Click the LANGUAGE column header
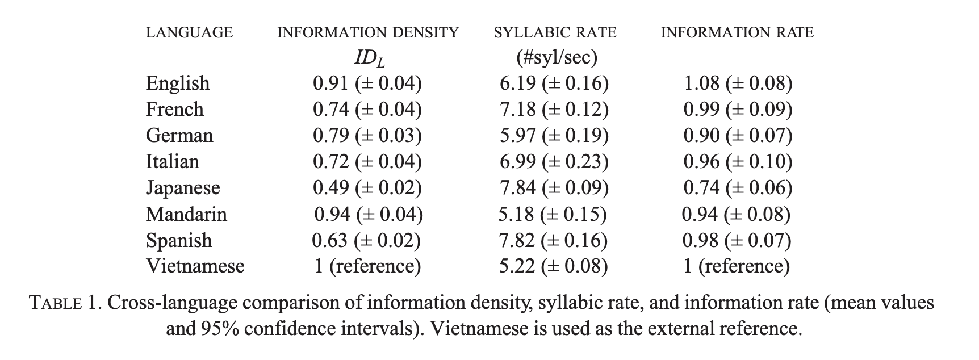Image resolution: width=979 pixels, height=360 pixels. point(189,32)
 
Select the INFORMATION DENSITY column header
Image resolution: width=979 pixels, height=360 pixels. point(367,32)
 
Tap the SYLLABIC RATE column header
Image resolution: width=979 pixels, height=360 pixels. point(555,32)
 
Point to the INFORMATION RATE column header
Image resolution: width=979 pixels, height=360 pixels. point(737,32)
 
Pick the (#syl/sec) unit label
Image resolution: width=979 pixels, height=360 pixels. point(555,57)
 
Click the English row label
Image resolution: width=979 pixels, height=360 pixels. point(178,83)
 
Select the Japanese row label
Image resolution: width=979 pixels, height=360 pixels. point(183,188)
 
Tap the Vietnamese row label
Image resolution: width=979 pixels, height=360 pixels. point(195,266)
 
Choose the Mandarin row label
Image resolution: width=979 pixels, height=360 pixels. point(186,214)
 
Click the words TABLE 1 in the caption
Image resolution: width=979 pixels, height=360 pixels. point(65,303)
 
